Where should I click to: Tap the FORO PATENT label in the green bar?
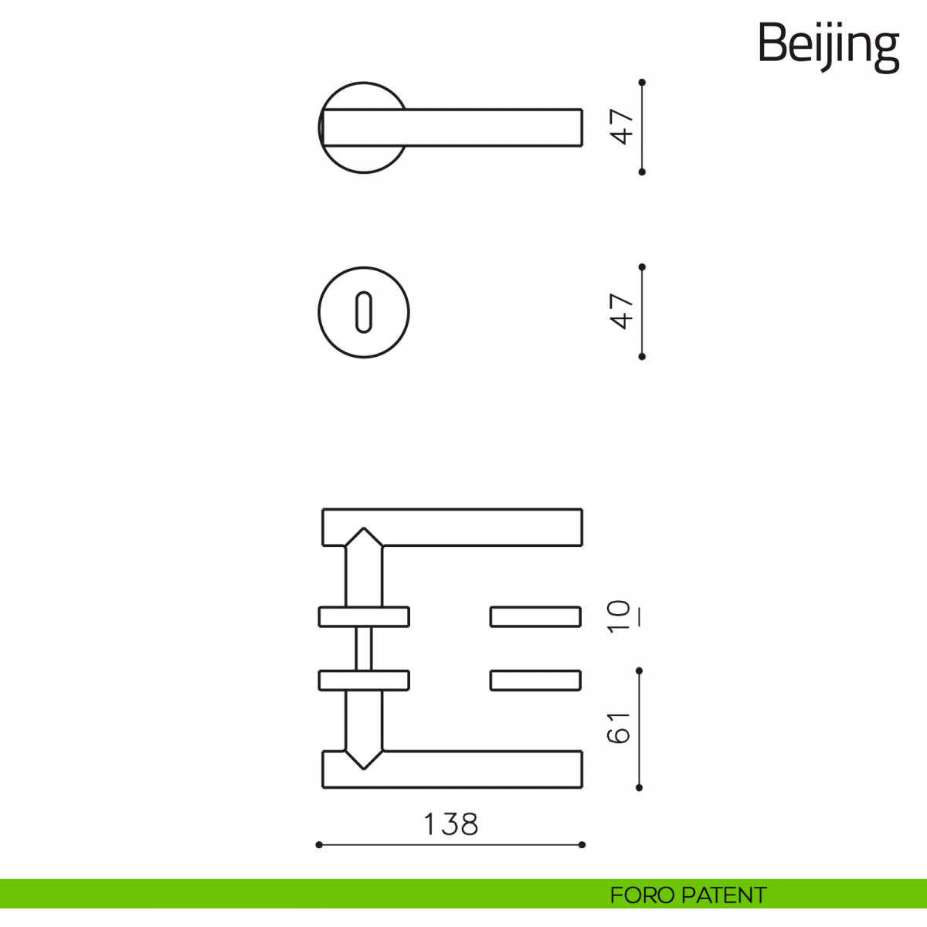click(x=688, y=895)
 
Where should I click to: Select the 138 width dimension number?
click(x=451, y=824)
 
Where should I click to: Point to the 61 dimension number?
click(x=620, y=727)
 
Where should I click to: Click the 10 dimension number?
click(x=620, y=616)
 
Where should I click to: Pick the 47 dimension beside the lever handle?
click(x=623, y=127)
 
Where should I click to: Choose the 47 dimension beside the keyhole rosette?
click(x=623, y=311)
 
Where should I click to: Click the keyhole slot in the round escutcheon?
click(x=363, y=312)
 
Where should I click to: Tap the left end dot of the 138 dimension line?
click(x=319, y=845)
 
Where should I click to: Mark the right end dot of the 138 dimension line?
click(x=582, y=845)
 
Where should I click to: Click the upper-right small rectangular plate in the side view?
click(x=535, y=616)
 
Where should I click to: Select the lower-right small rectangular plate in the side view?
click(x=535, y=681)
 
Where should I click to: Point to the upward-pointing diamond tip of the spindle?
click(x=363, y=531)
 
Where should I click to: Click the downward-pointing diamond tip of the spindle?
click(x=363, y=765)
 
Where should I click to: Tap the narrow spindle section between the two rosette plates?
click(x=363, y=648)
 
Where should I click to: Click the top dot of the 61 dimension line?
click(x=639, y=671)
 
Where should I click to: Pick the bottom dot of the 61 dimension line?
click(x=639, y=787)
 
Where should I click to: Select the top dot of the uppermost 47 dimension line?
click(x=642, y=82)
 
